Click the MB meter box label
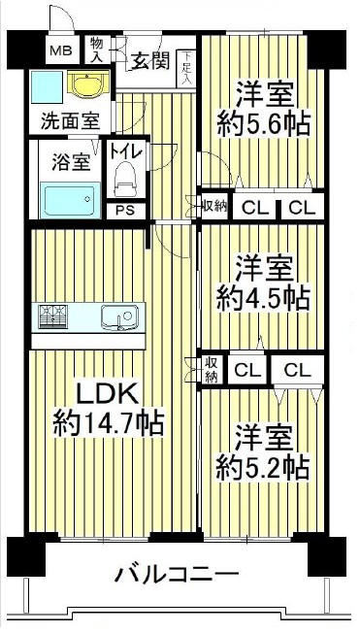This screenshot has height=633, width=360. click(x=60, y=50)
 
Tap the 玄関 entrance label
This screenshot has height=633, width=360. click(x=148, y=61)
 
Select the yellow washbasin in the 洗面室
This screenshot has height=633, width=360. click(x=89, y=83)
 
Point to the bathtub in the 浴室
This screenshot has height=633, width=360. click(x=70, y=200)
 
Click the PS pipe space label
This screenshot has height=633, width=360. click(x=126, y=211)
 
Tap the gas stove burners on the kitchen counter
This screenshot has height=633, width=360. click(x=52, y=316)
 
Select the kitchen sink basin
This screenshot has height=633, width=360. click(x=120, y=317)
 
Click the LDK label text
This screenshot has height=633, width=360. click(x=108, y=393)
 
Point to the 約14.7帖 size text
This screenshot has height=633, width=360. click(x=108, y=422)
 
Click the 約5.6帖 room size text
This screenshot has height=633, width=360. click(x=264, y=123)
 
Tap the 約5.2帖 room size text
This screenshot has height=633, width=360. click(x=262, y=467)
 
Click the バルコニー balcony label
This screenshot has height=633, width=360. click(x=178, y=575)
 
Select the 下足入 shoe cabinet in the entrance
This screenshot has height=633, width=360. click(x=186, y=68)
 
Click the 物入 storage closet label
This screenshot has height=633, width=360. click(x=97, y=49)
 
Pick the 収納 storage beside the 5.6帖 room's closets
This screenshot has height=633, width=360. click(x=214, y=206)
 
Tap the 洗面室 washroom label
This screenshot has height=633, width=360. click(x=71, y=121)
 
